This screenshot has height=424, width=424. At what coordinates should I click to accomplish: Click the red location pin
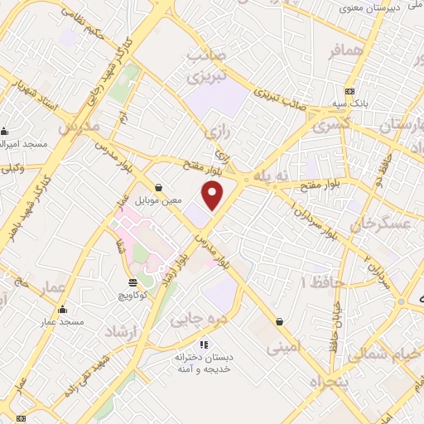click(214, 195)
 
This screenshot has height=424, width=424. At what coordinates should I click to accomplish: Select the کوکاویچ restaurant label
click(132, 296)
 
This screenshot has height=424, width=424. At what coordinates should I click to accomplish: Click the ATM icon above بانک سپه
click(350, 91)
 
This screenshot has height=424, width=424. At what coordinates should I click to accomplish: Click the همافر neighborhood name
click(346, 51)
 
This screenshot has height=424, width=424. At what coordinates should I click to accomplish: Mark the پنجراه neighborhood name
click(328, 382)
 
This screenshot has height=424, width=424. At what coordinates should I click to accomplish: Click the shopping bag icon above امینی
click(279, 321)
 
